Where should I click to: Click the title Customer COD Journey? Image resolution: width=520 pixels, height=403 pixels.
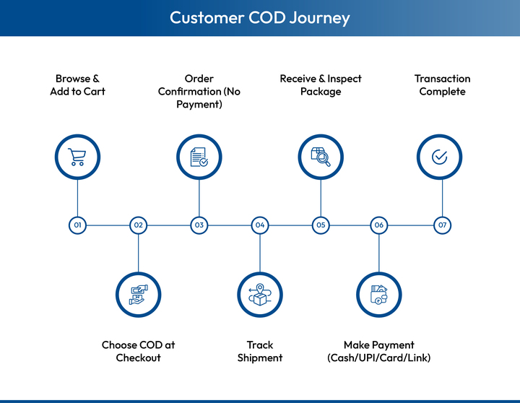coord(260,17)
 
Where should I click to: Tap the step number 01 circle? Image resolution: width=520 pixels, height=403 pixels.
coord(77,225)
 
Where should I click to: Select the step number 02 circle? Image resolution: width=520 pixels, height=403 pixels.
coord(139,225)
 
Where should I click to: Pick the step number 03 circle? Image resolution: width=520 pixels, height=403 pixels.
coord(199,225)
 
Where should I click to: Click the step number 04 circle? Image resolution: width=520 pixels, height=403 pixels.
coord(260,225)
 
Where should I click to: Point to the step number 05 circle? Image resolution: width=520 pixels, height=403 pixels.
coord(321,225)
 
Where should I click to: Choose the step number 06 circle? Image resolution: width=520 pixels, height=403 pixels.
coord(379,225)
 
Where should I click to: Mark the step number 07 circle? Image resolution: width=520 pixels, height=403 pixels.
coord(442,225)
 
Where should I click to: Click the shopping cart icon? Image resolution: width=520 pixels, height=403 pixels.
coord(77,157)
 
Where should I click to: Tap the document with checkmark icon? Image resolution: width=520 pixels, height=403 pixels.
coord(199,157)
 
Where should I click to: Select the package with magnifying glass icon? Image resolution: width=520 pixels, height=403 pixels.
coord(321,157)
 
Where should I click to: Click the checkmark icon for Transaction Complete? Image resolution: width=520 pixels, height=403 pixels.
coord(439,157)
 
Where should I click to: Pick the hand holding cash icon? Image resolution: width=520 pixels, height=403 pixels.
coord(139,294)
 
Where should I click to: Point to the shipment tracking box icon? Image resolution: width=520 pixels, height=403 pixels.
coord(260,294)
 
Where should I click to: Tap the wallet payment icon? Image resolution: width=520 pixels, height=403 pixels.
coord(379,294)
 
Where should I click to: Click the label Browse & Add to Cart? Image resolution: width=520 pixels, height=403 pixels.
coord(77,85)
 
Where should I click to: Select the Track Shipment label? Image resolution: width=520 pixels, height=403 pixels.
coord(260,352)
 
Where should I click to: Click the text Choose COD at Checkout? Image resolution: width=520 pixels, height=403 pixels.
coord(139,352)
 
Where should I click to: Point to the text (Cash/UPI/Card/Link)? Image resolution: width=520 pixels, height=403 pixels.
coord(379,358)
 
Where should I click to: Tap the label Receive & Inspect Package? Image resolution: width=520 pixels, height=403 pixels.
coord(321,85)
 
